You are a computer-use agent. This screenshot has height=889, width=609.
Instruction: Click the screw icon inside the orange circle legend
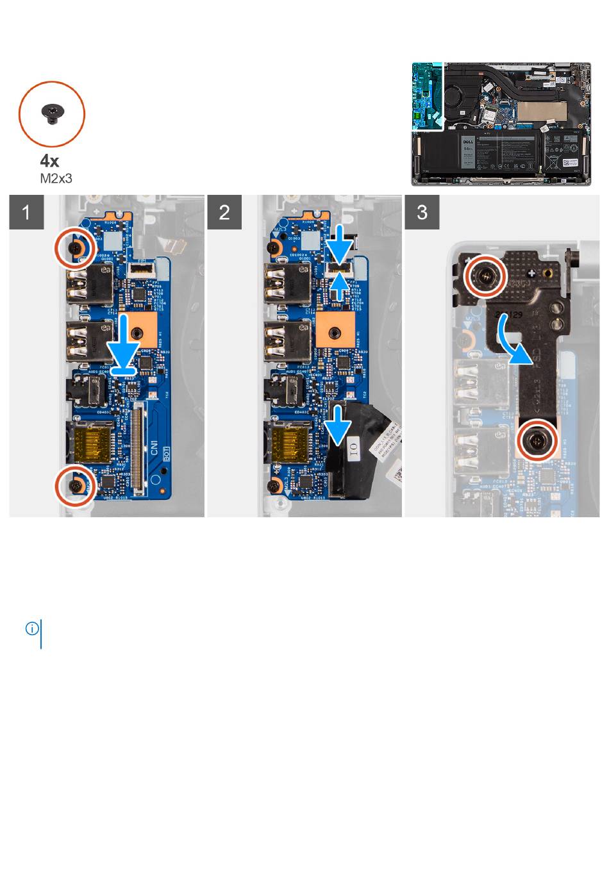[51, 113]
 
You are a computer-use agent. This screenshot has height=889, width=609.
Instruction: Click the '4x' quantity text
[49, 160]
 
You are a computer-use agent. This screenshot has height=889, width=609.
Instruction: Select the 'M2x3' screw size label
[56, 178]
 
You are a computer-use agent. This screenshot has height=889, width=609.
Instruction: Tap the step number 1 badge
[26, 212]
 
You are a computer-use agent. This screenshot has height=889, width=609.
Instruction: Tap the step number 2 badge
[224, 212]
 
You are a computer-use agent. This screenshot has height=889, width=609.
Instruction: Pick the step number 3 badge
[422, 212]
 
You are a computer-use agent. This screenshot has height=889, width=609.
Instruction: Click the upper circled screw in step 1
[76, 247]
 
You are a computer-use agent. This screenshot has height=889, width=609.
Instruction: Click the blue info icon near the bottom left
[31, 629]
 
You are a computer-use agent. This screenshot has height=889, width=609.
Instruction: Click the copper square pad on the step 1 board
[137, 331]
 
